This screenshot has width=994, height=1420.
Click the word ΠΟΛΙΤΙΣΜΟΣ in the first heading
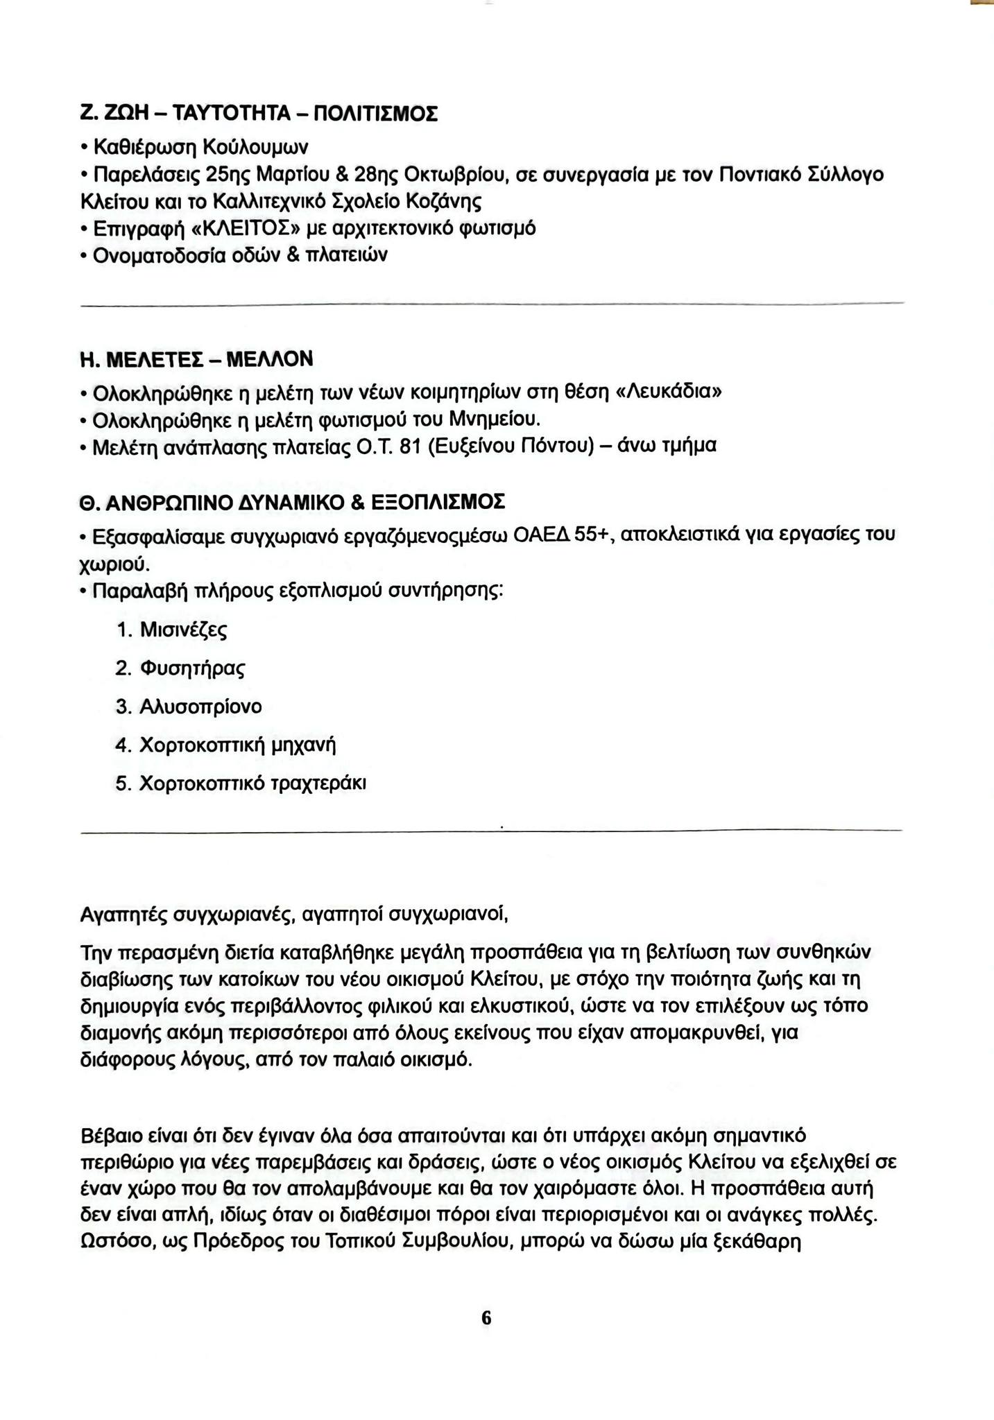coord(377,112)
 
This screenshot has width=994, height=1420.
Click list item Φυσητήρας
coord(192,668)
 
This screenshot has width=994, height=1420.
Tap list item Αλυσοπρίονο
coord(200,707)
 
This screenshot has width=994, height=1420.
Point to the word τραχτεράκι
coord(319,783)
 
